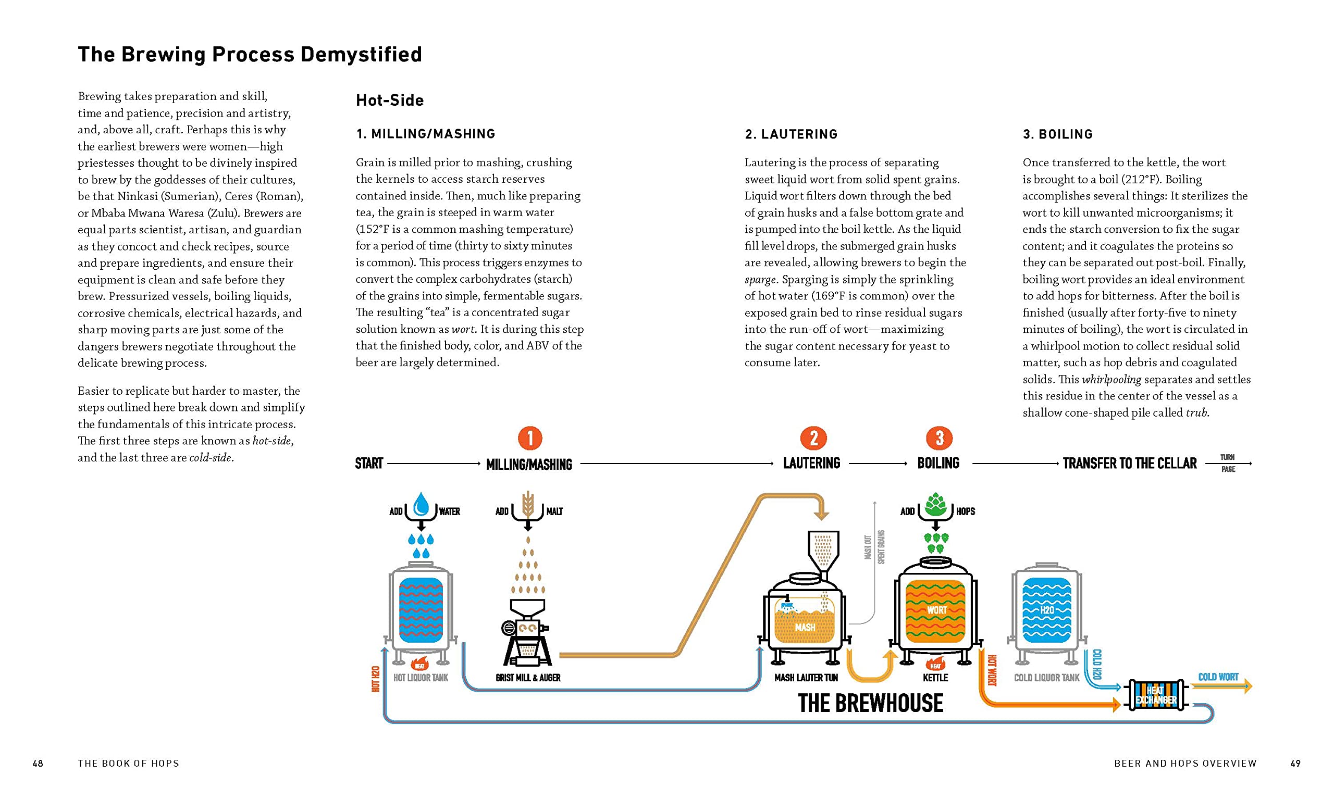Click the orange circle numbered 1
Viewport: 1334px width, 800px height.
tap(529, 438)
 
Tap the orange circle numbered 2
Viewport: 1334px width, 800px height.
tap(813, 438)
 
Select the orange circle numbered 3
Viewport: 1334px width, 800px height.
tap(939, 438)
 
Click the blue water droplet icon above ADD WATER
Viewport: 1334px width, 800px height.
tap(421, 505)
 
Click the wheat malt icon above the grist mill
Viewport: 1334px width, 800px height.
tap(528, 505)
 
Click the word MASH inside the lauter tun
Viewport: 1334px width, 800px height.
tap(805, 627)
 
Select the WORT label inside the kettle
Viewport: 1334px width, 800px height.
tap(936, 610)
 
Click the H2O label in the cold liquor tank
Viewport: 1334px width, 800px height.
tap(1046, 610)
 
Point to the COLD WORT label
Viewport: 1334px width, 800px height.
tap(1218, 677)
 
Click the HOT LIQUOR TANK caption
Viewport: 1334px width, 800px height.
tap(421, 678)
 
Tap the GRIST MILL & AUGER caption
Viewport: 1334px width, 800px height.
tap(528, 678)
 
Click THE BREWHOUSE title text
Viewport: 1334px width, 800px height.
tap(870, 703)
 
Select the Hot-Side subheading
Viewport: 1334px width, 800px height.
tap(389, 101)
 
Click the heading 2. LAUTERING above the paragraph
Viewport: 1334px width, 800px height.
tap(791, 134)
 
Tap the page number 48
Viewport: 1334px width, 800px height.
tap(38, 764)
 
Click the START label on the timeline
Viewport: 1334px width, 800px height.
tap(369, 464)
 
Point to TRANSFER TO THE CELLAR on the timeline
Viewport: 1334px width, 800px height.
tap(1129, 464)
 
